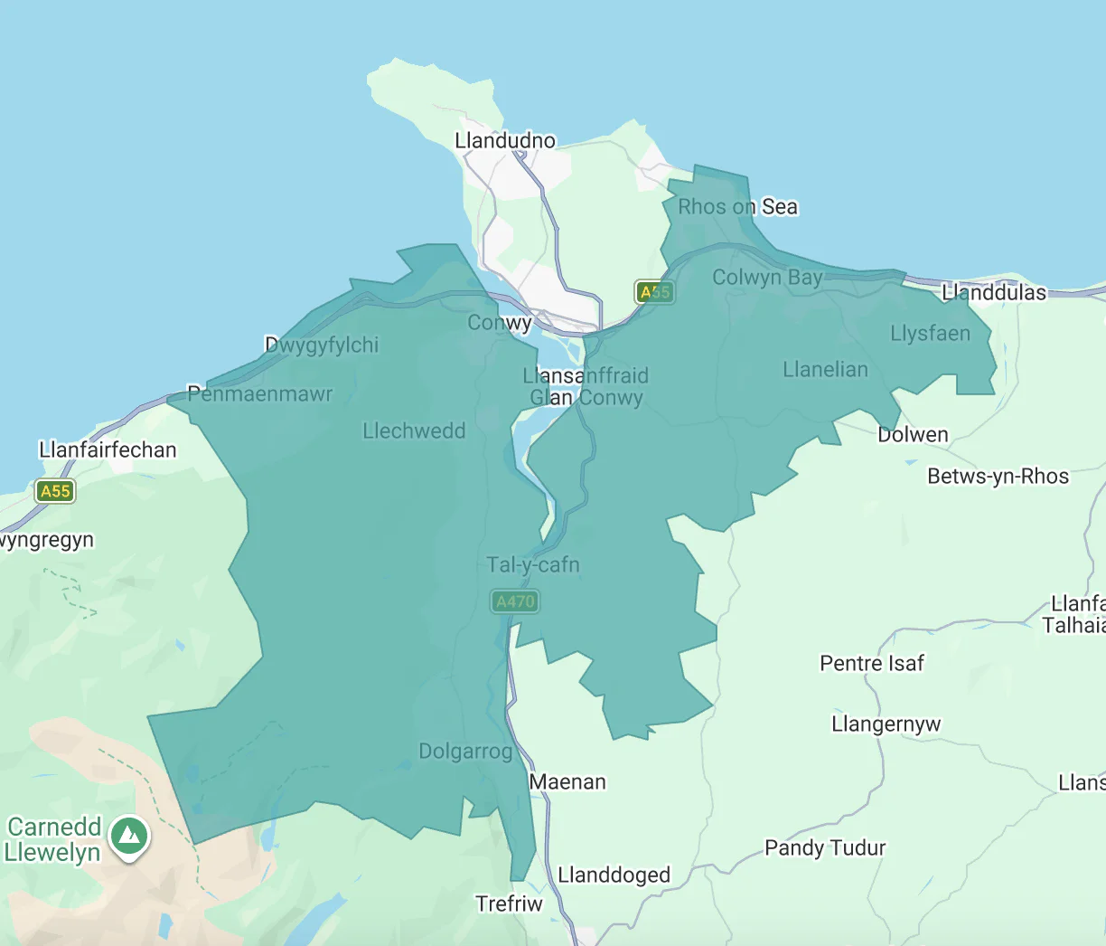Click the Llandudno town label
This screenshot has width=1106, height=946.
(505, 141)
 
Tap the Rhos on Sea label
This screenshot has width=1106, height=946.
(737, 207)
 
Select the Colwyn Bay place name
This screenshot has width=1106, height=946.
(767, 278)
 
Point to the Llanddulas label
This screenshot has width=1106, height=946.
(993, 293)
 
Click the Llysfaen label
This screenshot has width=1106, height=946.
(930, 334)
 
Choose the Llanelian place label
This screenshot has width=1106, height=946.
(825, 370)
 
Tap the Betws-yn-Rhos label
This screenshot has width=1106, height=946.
(998, 477)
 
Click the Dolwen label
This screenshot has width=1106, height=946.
(913, 435)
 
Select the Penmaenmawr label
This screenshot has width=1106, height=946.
(259, 394)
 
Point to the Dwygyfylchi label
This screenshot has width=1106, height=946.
(322, 345)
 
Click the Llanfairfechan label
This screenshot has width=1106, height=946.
(108, 450)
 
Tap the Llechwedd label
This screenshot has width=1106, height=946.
(414, 431)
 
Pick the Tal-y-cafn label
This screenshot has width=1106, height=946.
(533, 565)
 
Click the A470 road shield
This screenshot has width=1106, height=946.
(515, 601)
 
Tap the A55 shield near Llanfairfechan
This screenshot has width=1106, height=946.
(55, 491)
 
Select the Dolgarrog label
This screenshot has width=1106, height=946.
(465, 752)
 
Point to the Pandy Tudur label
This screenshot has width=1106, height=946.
(825, 848)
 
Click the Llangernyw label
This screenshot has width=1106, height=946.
(886, 724)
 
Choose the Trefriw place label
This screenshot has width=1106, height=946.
(510, 904)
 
